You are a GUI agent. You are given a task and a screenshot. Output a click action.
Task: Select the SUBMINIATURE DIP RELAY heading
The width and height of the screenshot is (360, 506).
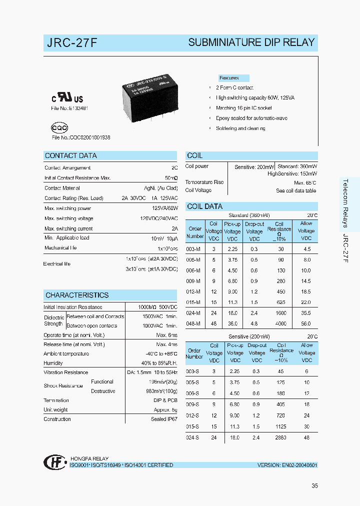[251, 43]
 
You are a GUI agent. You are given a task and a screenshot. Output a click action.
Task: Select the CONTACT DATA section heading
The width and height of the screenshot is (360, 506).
[71, 156]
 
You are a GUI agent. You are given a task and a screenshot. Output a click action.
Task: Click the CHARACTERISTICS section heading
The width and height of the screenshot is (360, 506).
[77, 295]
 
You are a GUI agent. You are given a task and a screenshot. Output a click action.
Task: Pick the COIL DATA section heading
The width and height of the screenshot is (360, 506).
[204, 206]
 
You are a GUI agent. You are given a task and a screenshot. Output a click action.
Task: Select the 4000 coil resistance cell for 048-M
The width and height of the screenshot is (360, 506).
[280, 323]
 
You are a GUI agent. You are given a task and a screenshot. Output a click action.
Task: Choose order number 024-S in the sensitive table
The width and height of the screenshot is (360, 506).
[192, 437]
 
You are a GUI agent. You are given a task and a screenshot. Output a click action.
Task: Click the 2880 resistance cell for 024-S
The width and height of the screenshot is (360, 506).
[281, 437]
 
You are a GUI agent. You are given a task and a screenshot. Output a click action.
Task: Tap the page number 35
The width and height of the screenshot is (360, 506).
[314, 485]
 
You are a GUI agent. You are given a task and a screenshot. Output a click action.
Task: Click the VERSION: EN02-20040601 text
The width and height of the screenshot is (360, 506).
[287, 465]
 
